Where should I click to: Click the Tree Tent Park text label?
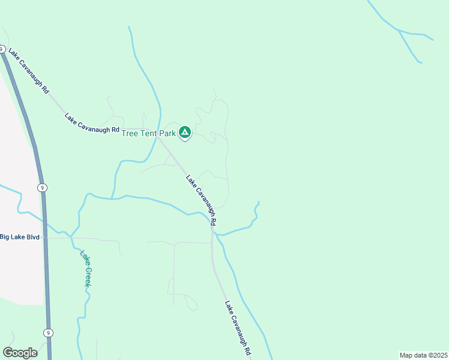148,133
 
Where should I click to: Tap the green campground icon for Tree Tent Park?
185,132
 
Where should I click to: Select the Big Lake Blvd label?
20,237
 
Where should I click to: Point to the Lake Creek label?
86,268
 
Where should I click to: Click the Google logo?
20,352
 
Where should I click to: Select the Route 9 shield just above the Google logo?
48,332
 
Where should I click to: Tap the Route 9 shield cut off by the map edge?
2,49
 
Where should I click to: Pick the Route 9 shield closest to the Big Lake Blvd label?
41,188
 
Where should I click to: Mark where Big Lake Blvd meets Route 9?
44,238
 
